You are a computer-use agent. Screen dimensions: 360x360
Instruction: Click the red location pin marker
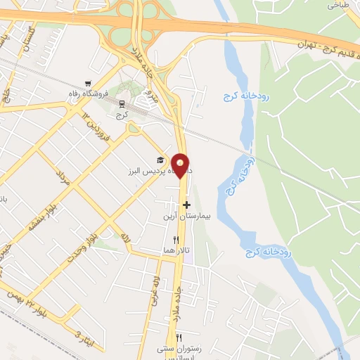point(181,165)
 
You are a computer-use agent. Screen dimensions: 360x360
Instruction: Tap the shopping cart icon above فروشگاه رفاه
point(87,83)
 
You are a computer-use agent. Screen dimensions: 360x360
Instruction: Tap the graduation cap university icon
point(160,160)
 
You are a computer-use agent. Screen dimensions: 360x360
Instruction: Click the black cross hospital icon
point(186,205)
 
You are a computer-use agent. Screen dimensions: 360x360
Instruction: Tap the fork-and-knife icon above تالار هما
point(167,240)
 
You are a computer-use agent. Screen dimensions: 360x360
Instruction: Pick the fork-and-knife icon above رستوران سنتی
point(179,338)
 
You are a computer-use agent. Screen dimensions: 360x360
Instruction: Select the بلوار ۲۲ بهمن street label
point(35,303)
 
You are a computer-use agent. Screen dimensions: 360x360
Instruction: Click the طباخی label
point(338,4)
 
